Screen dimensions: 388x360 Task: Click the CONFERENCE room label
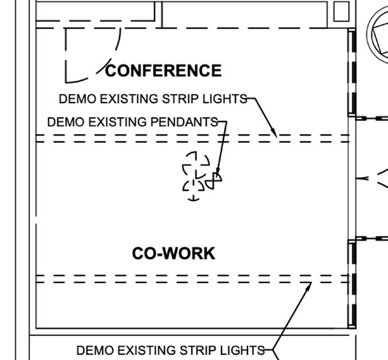[164, 71]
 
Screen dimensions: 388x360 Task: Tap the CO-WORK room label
[173, 253]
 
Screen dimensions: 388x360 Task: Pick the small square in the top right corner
[341, 11]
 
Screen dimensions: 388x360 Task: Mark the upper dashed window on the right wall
[352, 72]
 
